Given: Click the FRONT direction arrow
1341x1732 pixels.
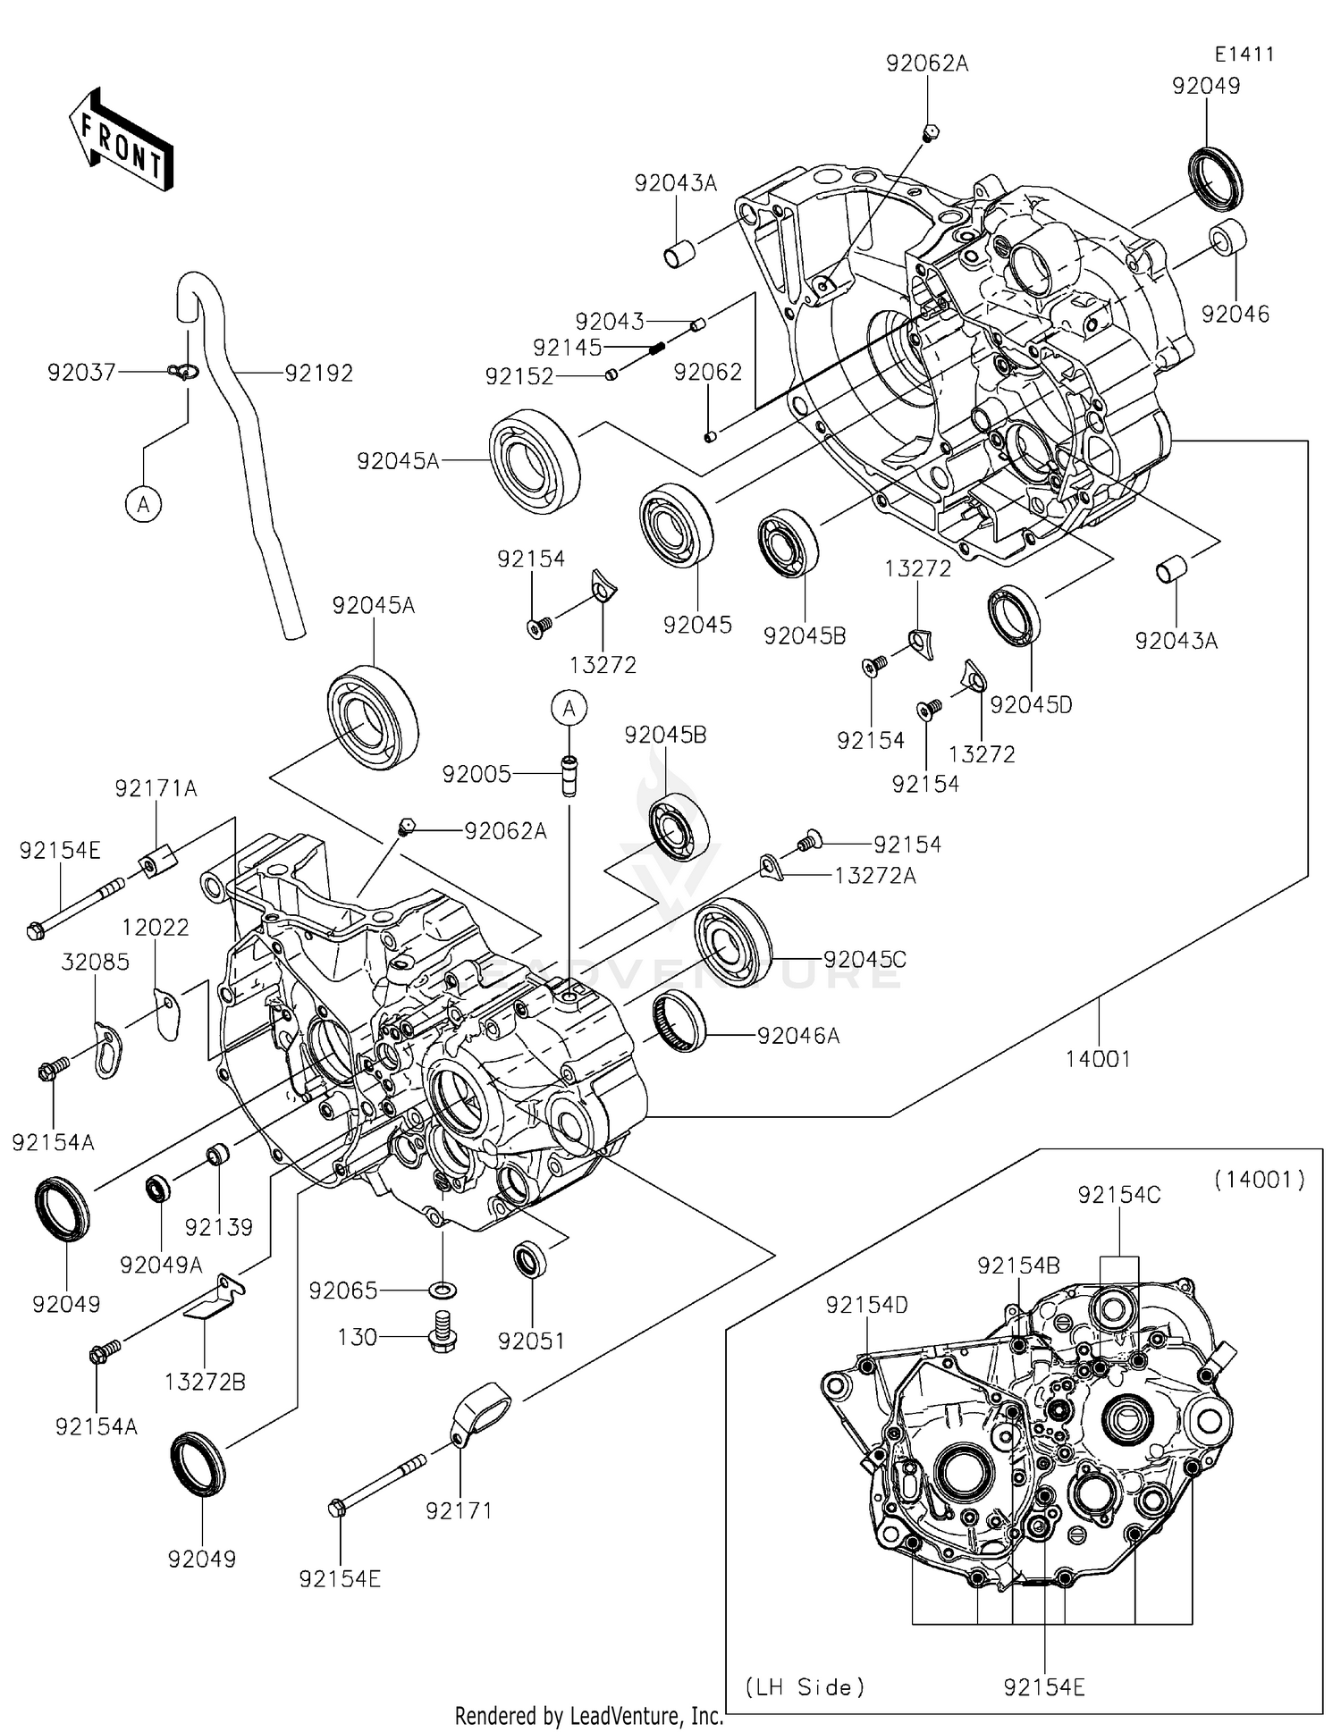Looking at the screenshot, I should point(122,140).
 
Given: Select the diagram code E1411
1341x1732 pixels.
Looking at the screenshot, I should point(1244,55).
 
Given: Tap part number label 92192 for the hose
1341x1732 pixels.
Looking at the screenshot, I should point(319,374).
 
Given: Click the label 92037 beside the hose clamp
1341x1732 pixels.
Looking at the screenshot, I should point(81,372).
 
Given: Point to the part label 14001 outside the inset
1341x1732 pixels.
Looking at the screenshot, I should point(1098,1059).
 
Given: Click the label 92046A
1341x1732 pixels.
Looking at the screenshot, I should point(798,1036).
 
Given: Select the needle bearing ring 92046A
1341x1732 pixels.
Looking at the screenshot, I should point(679,1018).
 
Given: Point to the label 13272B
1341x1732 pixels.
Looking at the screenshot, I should point(205,1382).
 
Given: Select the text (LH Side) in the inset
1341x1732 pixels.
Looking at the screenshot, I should point(805,1687).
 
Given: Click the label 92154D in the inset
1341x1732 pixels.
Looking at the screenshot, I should point(866,1306).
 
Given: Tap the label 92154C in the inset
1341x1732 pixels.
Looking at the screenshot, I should point(1118,1195).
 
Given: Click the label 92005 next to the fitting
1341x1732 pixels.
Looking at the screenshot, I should point(477,774).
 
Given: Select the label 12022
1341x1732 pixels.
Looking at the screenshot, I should point(156,928).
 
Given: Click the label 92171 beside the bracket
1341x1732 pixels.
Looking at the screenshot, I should point(459,1511).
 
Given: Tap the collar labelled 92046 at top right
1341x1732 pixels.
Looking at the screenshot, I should point(1228,238).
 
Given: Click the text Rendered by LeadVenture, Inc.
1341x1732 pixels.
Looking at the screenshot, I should point(589,1717).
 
